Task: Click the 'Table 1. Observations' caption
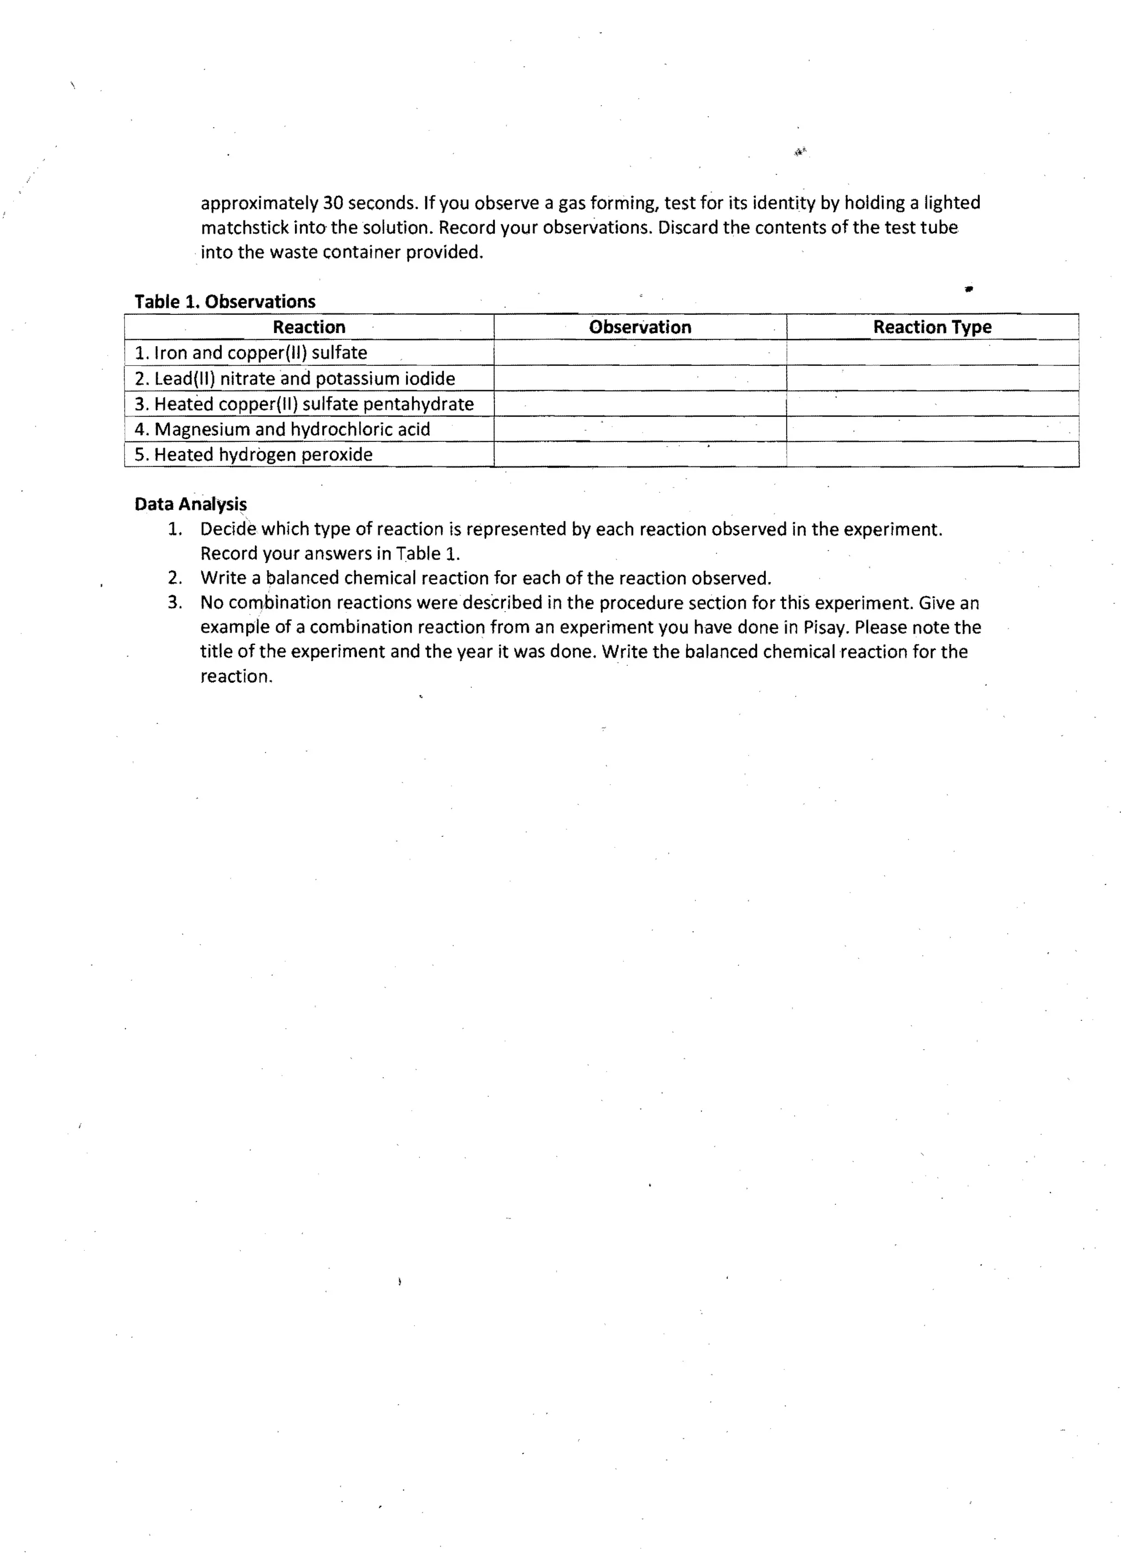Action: click(x=224, y=301)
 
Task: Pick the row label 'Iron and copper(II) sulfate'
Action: click(x=251, y=353)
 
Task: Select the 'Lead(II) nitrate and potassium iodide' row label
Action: click(x=295, y=378)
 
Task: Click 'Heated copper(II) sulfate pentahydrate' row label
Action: click(x=304, y=404)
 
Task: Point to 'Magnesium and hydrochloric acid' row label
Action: click(x=282, y=429)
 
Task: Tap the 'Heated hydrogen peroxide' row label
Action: click(x=254, y=454)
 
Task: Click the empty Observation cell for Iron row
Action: click(x=640, y=353)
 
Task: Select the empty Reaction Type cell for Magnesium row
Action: click(x=932, y=429)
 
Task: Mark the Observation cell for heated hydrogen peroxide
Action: click(x=640, y=454)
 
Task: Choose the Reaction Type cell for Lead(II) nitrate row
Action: click(x=932, y=378)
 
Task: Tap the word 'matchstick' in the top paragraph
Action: click(x=244, y=227)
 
